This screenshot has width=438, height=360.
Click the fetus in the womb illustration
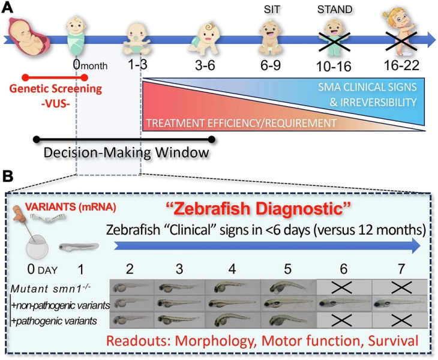click(x=29, y=37)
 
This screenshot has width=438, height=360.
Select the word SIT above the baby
click(x=272, y=10)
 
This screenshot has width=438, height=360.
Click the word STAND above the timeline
click(x=335, y=10)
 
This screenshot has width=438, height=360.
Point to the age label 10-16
click(x=334, y=67)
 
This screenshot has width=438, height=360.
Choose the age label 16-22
click(x=401, y=65)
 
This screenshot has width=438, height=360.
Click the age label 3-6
click(x=205, y=65)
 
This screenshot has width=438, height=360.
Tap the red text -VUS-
click(x=56, y=104)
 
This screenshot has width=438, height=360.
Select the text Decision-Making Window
click(x=126, y=153)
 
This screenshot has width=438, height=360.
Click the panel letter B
click(x=8, y=176)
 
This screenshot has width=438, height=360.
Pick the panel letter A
click(x=7, y=8)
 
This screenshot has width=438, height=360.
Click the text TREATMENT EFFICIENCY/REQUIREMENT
click(x=241, y=123)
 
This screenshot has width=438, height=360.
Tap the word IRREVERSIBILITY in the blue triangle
click(x=373, y=102)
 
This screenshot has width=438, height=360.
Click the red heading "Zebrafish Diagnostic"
click(x=258, y=209)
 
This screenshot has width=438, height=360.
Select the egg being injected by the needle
click(x=37, y=247)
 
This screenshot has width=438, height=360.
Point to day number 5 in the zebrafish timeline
click(x=288, y=269)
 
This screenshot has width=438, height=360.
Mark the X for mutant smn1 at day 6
click(x=343, y=287)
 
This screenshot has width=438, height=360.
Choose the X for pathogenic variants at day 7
click(x=401, y=320)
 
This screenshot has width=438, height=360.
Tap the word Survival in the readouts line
click(x=393, y=341)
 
